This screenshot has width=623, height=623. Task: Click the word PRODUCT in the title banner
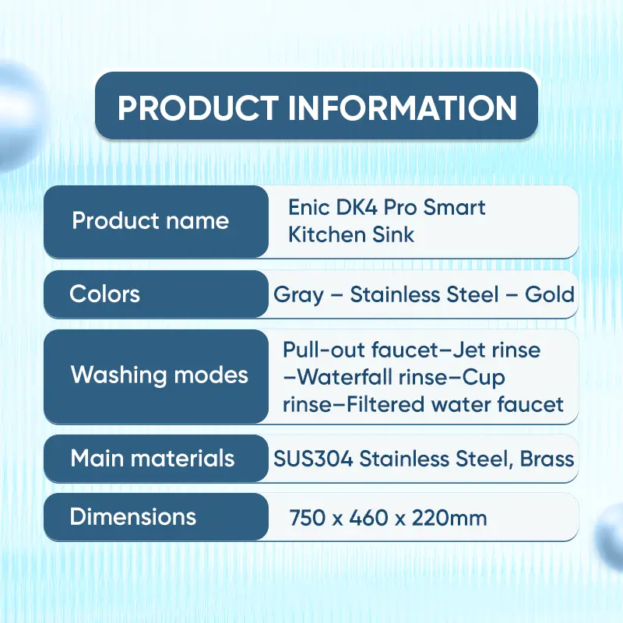198,108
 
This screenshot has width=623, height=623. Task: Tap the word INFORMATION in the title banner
403,108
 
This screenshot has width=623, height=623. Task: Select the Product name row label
150,220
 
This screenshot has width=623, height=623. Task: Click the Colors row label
104,294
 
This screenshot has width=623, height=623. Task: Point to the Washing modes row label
160,375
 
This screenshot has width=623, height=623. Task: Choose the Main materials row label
153,458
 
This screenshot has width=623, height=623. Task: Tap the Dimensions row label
133,516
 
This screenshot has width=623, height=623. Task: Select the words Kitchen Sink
351,234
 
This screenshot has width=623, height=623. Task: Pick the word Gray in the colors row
298,295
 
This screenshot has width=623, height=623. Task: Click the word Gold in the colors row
550,294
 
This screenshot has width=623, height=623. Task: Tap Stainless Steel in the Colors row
424,294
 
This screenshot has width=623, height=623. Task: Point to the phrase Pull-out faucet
361,350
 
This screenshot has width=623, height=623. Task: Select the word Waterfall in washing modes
345,377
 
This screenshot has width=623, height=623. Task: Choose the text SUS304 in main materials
313,459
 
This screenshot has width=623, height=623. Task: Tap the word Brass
547,459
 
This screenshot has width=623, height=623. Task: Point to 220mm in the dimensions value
449,518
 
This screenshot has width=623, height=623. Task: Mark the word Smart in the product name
454,207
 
